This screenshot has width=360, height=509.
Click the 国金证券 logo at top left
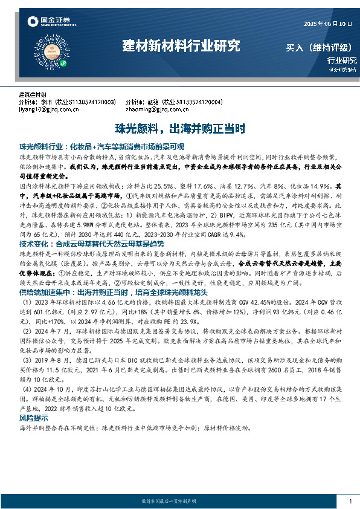point(44,22)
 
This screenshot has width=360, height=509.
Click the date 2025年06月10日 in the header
point(326,24)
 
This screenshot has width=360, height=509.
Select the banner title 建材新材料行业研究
point(181,46)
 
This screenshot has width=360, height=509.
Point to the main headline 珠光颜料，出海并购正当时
point(180,128)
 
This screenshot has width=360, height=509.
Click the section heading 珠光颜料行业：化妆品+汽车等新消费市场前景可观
point(101,147)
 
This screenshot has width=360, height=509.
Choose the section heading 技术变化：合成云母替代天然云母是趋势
point(83,227)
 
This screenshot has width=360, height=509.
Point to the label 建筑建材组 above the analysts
point(33,95)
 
